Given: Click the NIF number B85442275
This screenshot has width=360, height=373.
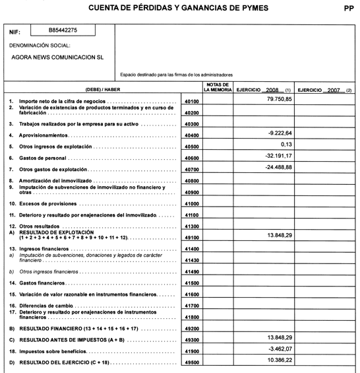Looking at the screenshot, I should point(63,30).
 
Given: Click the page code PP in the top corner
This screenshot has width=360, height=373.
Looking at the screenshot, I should point(348,8).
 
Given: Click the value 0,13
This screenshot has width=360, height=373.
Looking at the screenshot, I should point(285,144).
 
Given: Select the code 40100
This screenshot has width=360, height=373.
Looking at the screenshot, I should point(193,102).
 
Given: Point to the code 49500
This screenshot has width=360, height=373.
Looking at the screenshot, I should point(193,362).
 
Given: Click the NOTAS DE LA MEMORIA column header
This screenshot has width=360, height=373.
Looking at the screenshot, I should point(218,88).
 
